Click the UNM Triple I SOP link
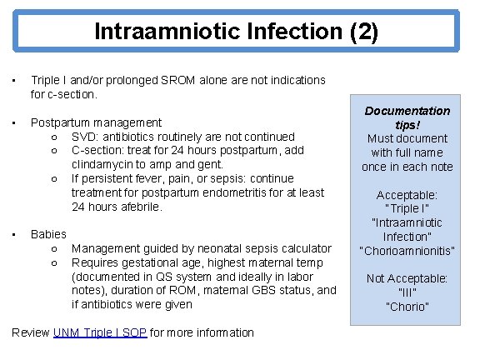tap(100, 332)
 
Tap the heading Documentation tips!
tap(407, 117)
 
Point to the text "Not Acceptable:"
tap(407, 278)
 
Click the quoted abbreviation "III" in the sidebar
tap(407, 292)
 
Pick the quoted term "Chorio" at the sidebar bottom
tap(407, 307)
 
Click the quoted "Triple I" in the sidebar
tap(407, 208)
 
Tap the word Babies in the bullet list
tap(48, 234)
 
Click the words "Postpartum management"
tap(96, 122)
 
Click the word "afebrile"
tap(138, 207)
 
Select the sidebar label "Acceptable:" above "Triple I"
tap(407, 194)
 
